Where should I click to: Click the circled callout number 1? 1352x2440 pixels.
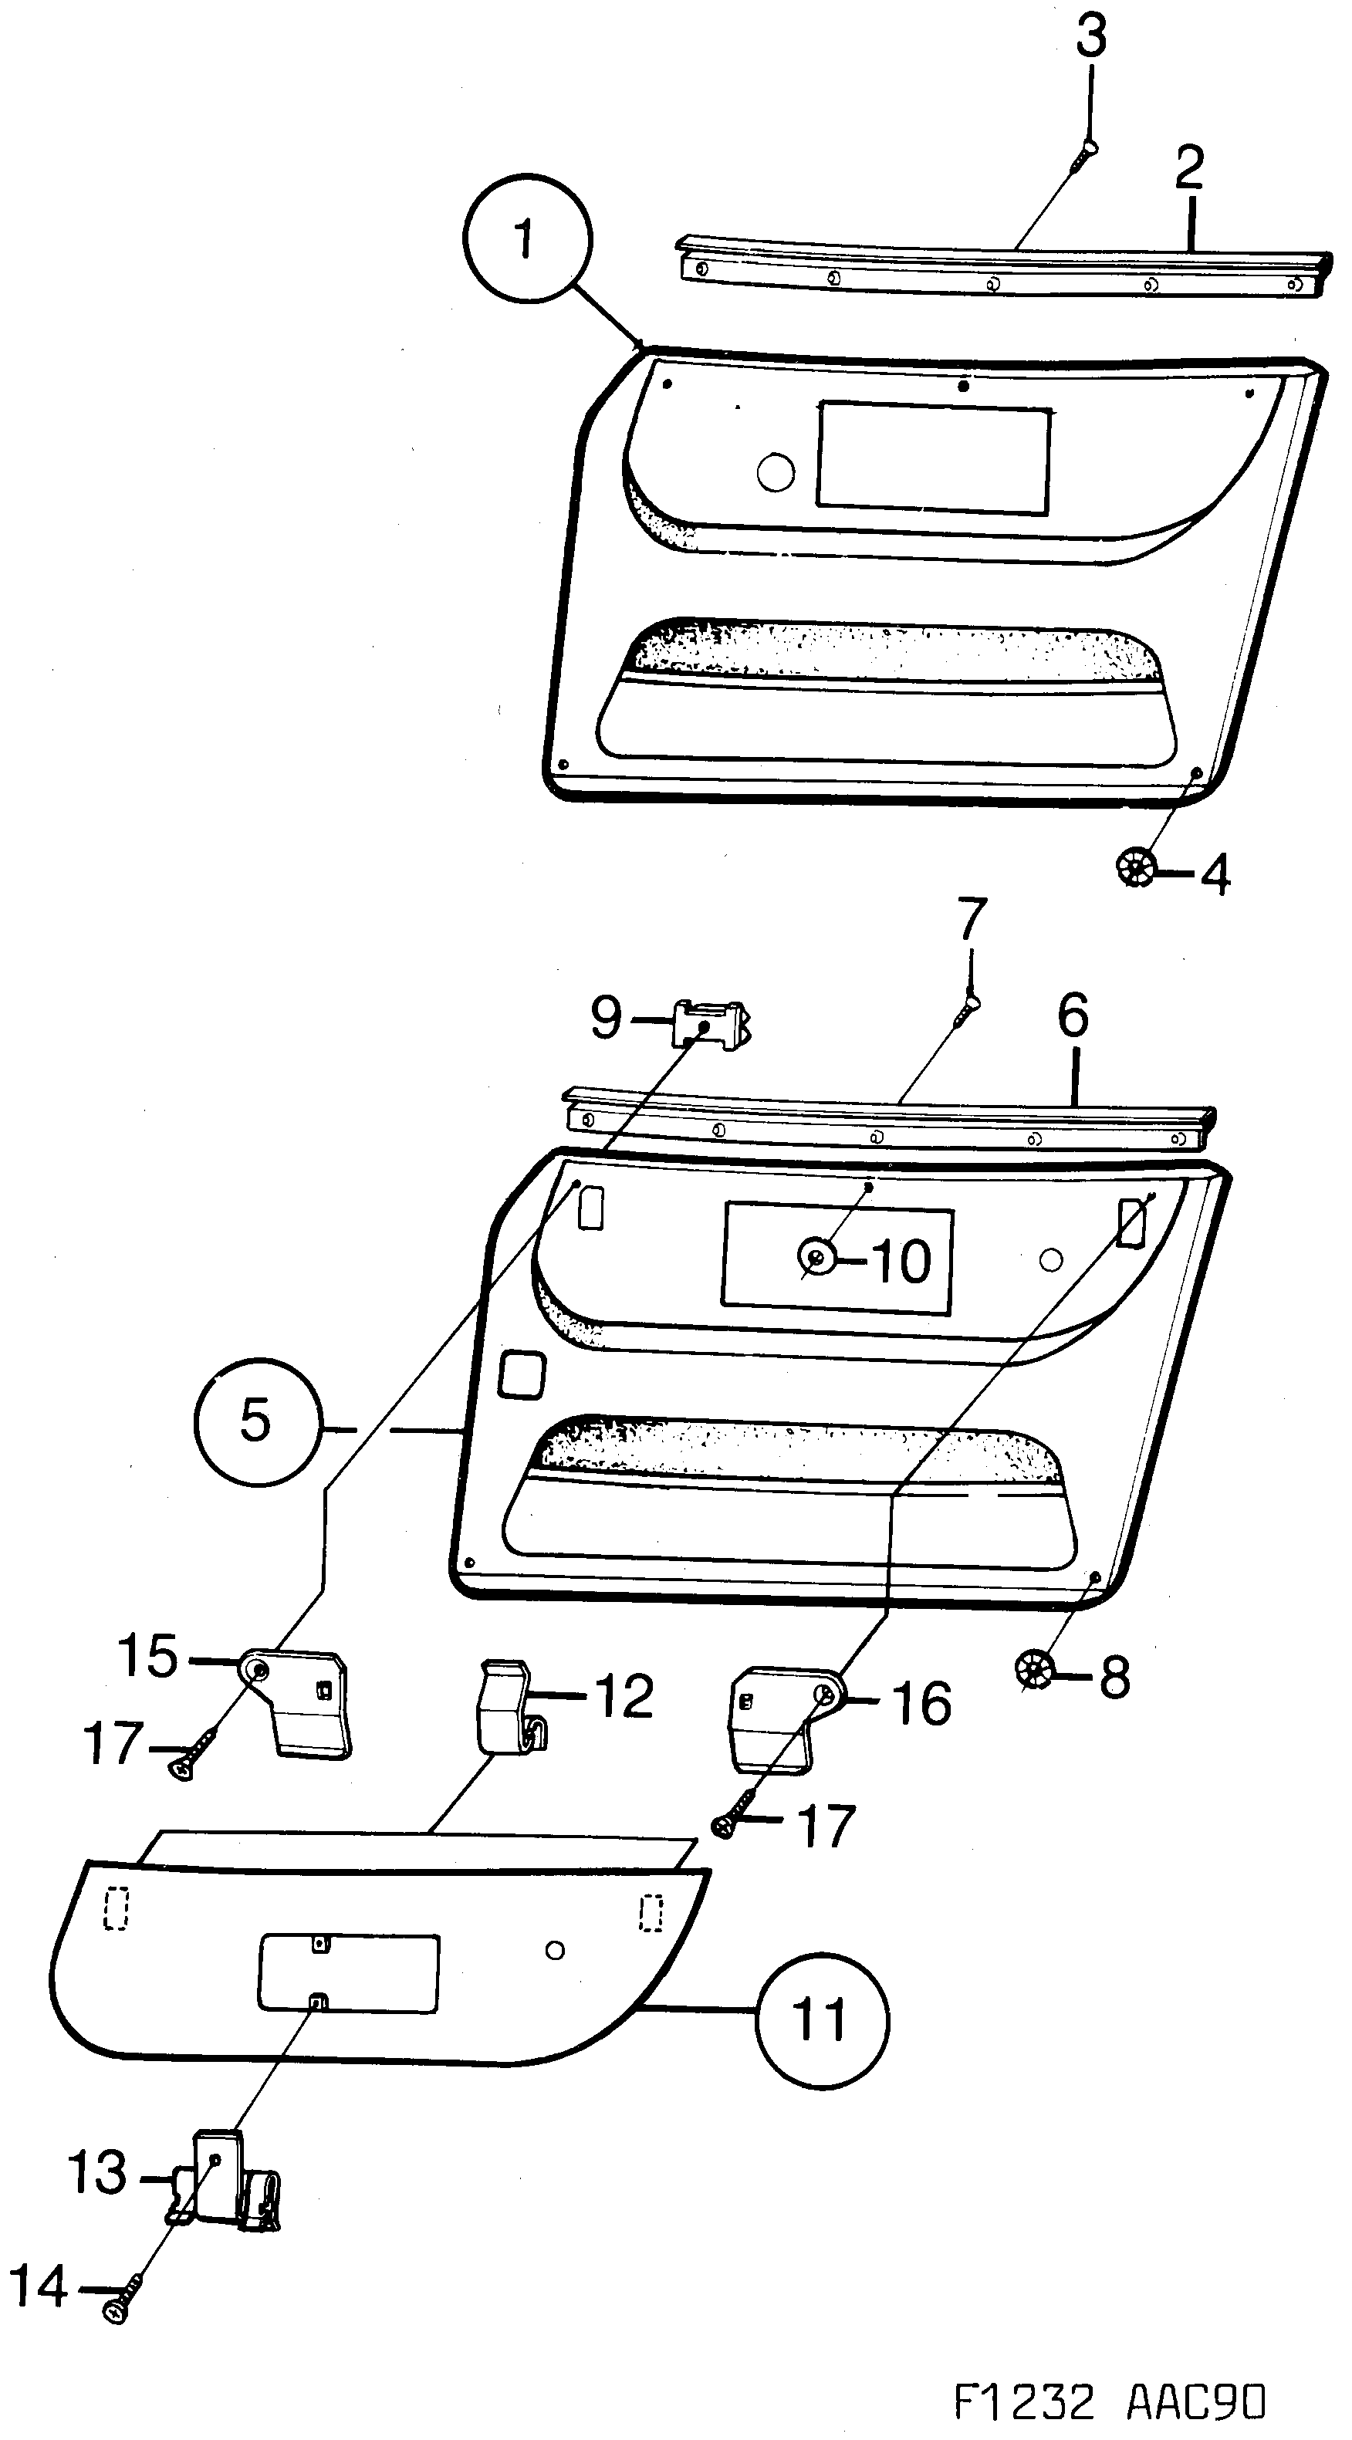tap(527, 238)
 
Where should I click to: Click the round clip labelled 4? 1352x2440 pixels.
tap(1135, 867)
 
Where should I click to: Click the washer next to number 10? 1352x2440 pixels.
tap(816, 1257)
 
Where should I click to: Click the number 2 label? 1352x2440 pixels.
tap(1189, 168)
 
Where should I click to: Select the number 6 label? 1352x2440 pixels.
tap(1073, 1017)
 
